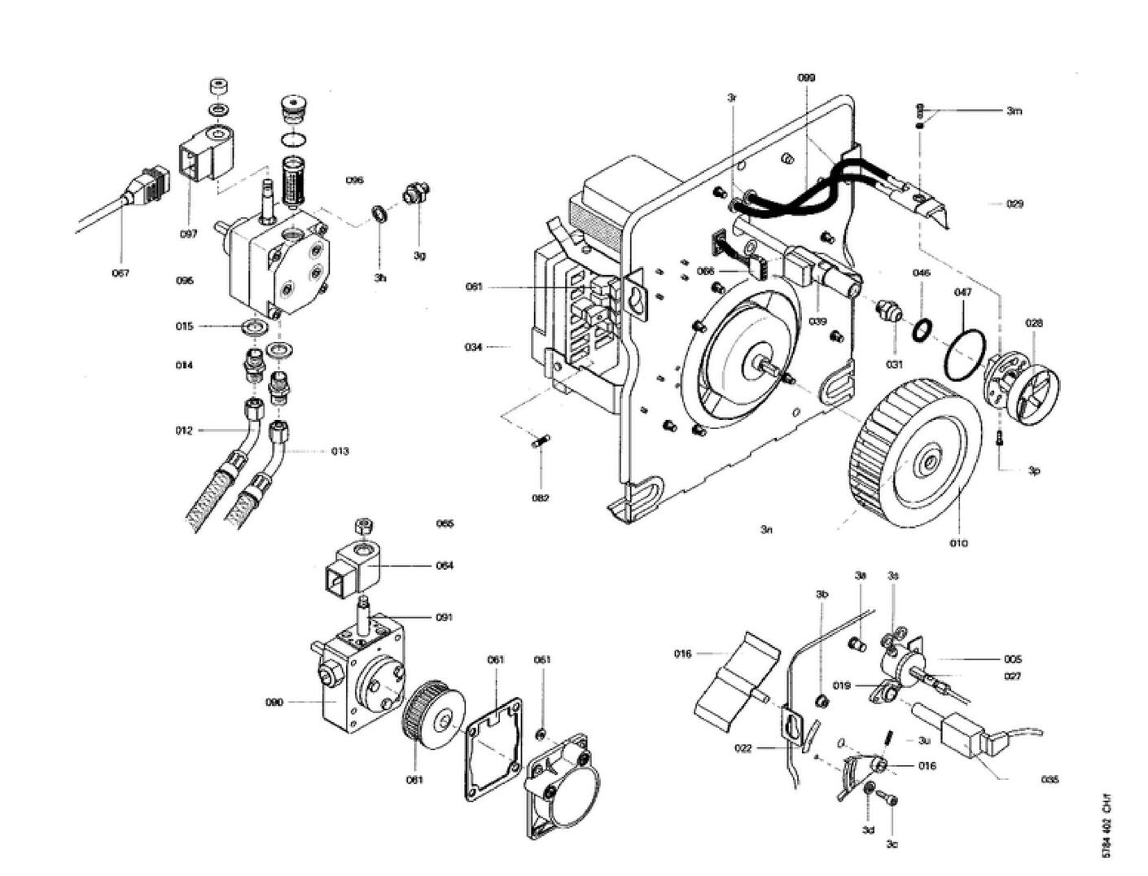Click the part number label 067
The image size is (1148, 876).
click(120, 274)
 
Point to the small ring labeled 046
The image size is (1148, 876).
click(922, 329)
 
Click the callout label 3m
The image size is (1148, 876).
click(1014, 111)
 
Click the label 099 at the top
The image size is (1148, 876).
click(806, 77)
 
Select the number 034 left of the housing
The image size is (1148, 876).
click(474, 347)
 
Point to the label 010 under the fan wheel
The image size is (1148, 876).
click(959, 543)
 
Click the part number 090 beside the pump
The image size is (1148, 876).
click(274, 702)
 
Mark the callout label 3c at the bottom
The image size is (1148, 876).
click(892, 844)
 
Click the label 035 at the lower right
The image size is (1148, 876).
click(1050, 779)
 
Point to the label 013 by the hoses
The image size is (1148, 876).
click(340, 451)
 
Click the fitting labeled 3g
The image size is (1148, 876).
click(415, 195)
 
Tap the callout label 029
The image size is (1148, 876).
click(1014, 204)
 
